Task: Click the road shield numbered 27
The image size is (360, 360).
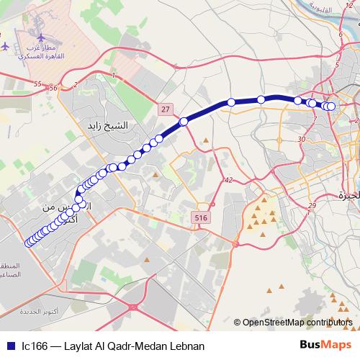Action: pos(166,109)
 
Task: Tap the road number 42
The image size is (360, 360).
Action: pos(228,180)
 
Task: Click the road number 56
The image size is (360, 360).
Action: pos(53,87)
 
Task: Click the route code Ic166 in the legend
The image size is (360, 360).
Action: pos(35,346)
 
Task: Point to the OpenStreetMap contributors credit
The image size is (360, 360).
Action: pos(297,323)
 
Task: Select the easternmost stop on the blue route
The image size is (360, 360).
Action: pos(332,107)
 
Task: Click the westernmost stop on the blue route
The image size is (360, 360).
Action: pos(29,243)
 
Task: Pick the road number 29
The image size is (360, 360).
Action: pos(311,207)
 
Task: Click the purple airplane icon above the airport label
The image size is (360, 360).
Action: pos(6,46)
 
